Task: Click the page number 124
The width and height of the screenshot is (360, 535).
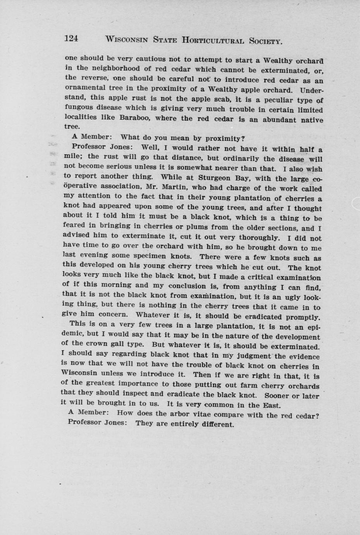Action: click(72, 38)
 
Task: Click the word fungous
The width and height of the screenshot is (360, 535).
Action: click(79, 107)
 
